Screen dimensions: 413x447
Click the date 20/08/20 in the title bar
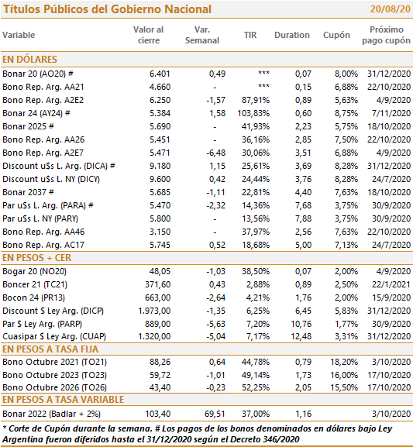tap(390, 9)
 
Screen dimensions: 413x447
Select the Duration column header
tap(292, 35)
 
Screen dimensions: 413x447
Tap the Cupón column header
tap(336, 36)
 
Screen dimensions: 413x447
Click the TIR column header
tap(250, 35)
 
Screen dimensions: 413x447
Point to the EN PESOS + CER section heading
tap(36, 258)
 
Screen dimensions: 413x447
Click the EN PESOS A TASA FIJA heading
tap(50, 349)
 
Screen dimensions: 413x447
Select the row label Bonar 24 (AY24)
tap(33, 113)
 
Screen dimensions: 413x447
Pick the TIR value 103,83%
tap(253, 113)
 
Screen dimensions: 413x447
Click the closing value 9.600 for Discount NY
tap(160, 179)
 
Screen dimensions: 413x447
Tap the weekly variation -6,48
tap(216, 153)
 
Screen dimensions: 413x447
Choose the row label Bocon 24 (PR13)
tap(33, 297)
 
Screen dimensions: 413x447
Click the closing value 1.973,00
tap(154, 311)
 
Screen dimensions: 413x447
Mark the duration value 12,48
tap(301, 336)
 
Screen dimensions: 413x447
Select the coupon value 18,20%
tap(344, 362)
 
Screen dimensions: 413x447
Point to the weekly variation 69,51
tap(217, 414)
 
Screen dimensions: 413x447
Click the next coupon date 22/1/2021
tap(391, 284)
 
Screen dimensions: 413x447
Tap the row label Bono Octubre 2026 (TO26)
tap(54, 387)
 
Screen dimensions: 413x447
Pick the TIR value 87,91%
tap(256, 101)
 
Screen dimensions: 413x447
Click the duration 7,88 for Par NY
tap(303, 218)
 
